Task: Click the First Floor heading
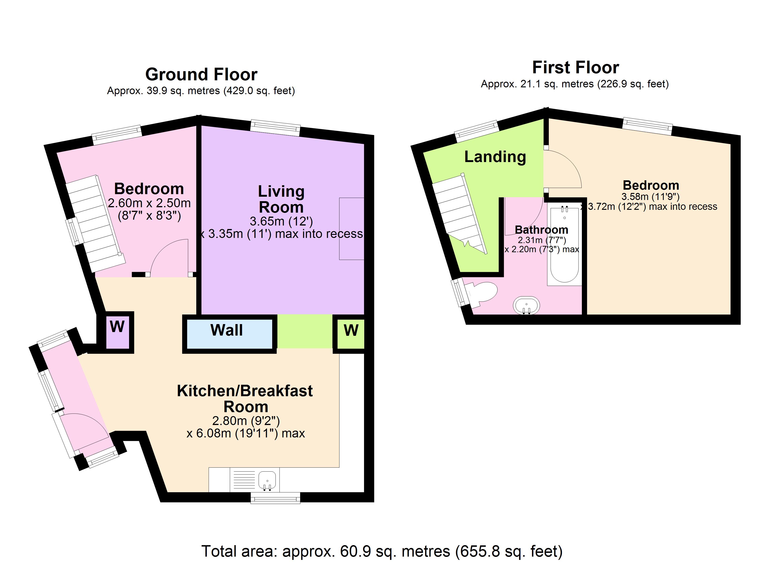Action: tap(575, 67)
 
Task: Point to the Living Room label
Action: tap(281, 199)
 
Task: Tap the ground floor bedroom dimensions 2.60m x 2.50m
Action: tap(149, 203)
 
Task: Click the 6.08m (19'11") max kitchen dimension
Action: tap(245, 433)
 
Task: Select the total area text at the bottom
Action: tap(382, 551)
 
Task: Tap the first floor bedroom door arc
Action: tap(562, 170)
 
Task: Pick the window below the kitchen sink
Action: tap(275, 498)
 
